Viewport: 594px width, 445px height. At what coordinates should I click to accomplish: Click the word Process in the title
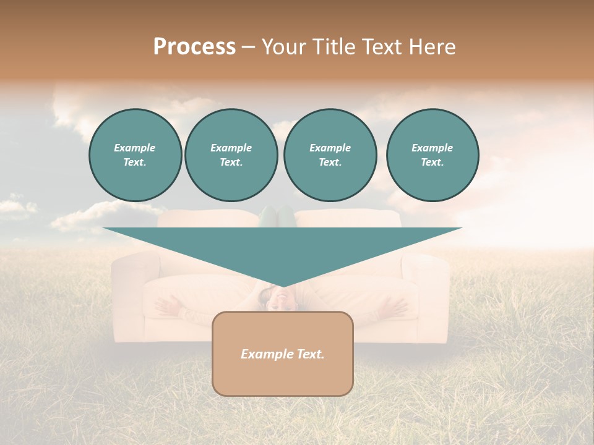(194, 47)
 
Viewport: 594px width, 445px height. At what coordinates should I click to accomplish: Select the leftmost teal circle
(135, 155)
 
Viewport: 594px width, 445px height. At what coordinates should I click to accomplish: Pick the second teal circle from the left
(231, 155)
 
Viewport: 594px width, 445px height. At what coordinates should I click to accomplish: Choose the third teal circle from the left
(330, 155)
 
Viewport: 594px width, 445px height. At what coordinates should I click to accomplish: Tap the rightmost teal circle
(432, 155)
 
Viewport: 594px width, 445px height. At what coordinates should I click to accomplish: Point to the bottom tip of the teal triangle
(283, 286)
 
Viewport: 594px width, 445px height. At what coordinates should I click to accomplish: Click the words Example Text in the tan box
(282, 354)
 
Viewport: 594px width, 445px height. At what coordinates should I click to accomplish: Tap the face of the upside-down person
(276, 300)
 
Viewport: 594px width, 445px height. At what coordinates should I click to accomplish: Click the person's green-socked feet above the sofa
(277, 216)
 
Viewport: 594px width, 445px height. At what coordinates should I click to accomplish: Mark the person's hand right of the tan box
(393, 305)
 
